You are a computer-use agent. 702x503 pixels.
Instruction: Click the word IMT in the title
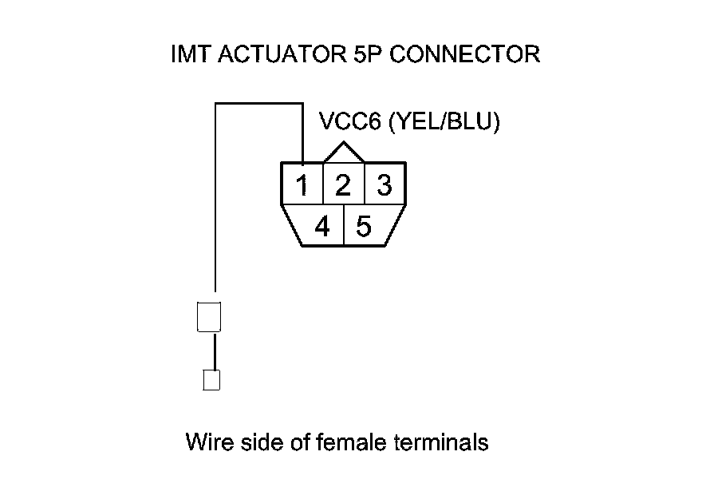click(x=189, y=55)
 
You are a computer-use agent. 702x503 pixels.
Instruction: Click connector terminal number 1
click(x=302, y=186)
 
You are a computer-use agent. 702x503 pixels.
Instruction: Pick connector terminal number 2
click(x=343, y=186)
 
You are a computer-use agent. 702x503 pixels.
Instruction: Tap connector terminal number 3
click(x=385, y=186)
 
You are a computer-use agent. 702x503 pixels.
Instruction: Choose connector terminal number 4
click(x=322, y=228)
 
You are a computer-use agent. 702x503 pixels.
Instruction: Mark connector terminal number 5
click(x=364, y=228)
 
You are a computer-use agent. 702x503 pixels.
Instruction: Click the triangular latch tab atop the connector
click(x=343, y=153)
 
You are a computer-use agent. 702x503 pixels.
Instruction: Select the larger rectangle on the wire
click(x=208, y=317)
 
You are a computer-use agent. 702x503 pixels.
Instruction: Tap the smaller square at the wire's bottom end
click(x=211, y=380)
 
